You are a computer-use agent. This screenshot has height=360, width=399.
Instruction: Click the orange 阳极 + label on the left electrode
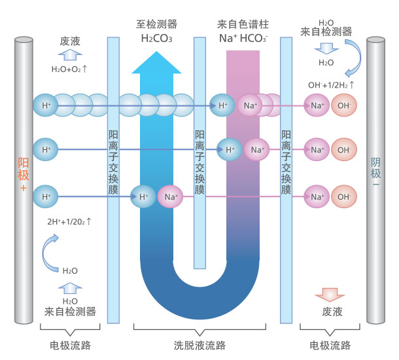click(x=24, y=173)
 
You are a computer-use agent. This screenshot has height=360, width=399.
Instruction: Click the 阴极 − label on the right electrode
click(x=375, y=173)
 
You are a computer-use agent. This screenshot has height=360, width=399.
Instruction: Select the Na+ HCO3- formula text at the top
click(x=243, y=38)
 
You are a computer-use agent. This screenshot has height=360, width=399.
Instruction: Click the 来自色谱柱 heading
click(x=243, y=24)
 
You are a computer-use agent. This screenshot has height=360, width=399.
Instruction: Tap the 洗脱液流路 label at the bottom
click(x=199, y=345)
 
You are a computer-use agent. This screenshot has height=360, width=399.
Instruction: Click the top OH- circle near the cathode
click(x=343, y=105)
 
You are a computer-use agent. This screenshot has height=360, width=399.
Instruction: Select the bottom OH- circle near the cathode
click(x=343, y=196)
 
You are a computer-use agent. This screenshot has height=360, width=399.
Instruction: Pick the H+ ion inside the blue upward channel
click(x=143, y=196)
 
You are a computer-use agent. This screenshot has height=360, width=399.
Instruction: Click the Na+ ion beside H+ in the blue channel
click(x=169, y=196)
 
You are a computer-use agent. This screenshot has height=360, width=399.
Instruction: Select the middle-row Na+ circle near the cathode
click(x=317, y=150)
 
